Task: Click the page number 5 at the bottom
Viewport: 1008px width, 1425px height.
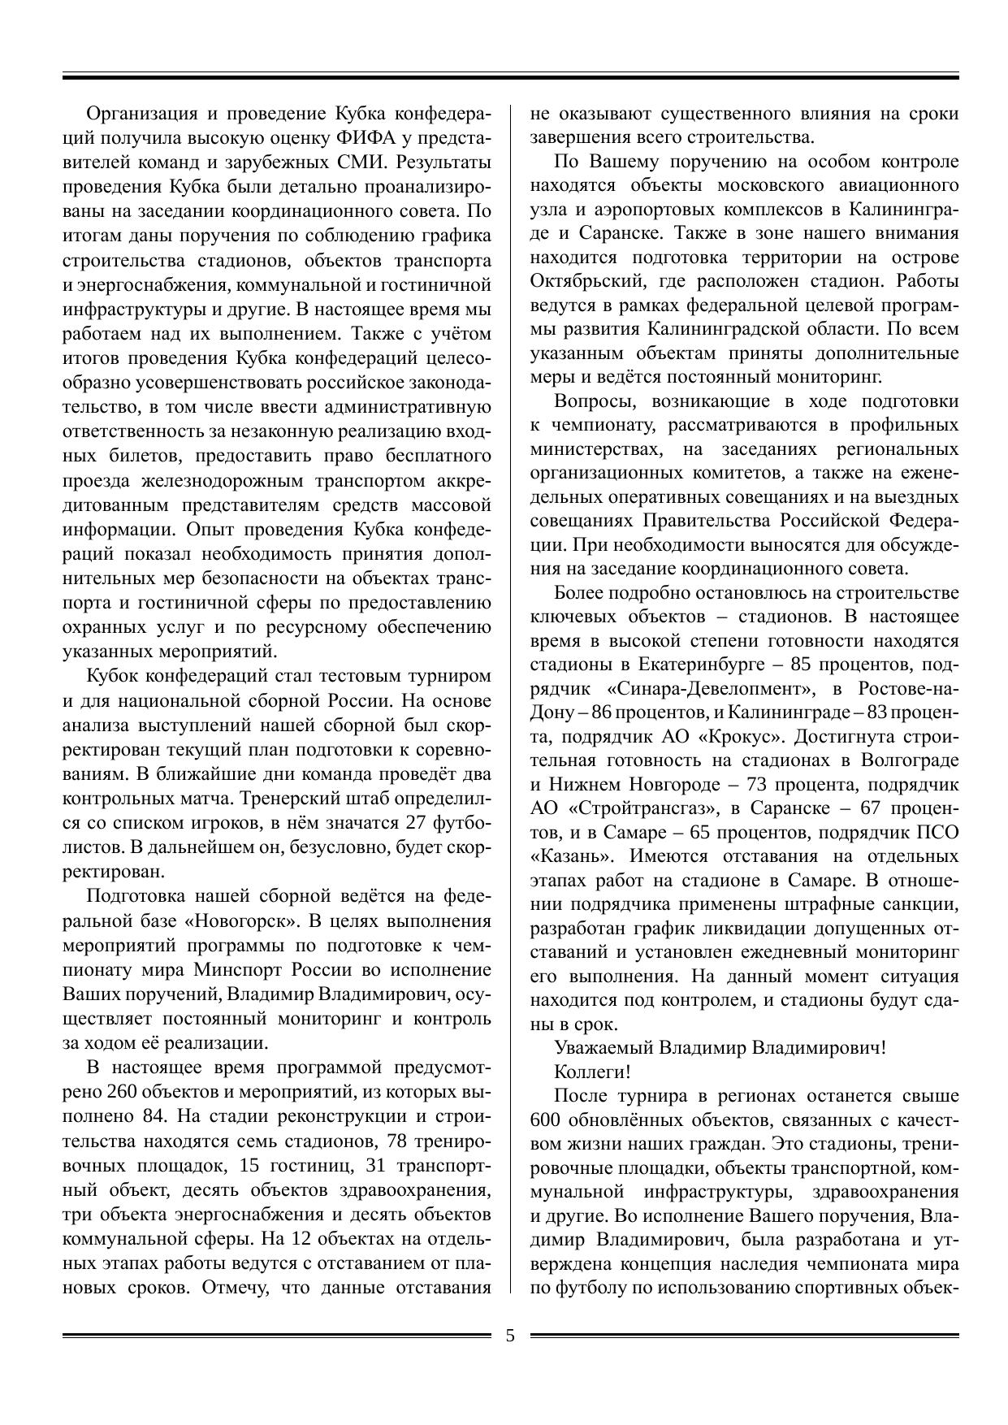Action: pyautogui.click(x=510, y=1336)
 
